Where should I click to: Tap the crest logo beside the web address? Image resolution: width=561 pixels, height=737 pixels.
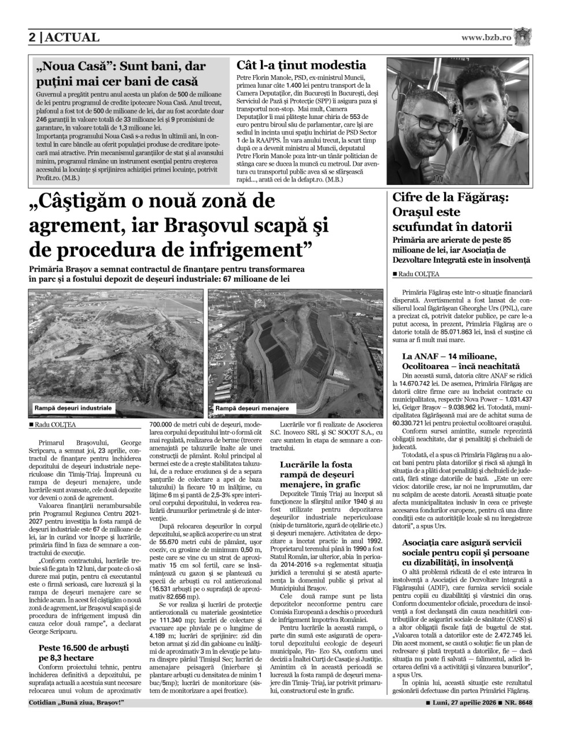click(522, 36)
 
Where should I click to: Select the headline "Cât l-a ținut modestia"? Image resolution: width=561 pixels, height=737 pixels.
click(301, 65)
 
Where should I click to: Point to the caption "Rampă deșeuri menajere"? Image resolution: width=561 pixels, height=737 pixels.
click(252, 408)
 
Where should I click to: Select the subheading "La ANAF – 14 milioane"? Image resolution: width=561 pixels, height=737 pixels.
click(449, 356)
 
